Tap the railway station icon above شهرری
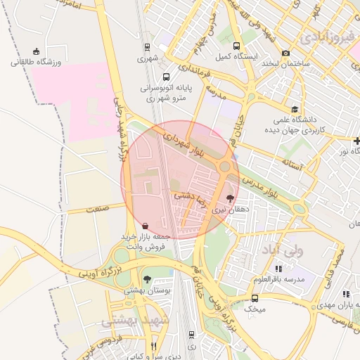(146, 48)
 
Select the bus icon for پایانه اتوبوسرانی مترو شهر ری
(166, 77)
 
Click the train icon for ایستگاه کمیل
(245, 44)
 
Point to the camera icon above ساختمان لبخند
(285, 53)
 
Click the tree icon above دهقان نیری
(230, 199)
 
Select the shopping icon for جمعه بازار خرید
(145, 226)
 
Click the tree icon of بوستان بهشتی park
(146, 279)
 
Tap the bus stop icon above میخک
(255, 298)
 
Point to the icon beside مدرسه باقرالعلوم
(278, 269)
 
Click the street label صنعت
(96, 209)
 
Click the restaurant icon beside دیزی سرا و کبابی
(154, 346)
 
